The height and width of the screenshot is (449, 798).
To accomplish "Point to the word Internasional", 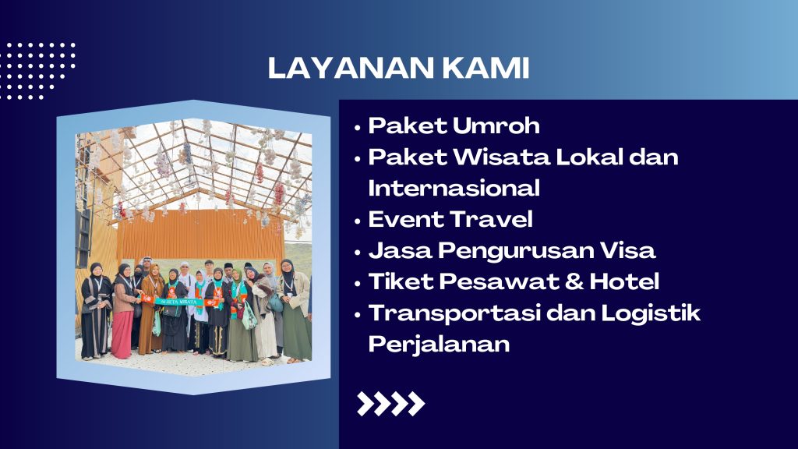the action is click(x=454, y=188).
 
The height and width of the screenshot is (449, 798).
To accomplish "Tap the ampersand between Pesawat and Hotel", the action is click(x=574, y=281).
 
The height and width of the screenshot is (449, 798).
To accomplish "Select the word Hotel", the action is click(x=624, y=281).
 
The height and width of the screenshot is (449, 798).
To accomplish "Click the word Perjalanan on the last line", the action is click(x=440, y=345).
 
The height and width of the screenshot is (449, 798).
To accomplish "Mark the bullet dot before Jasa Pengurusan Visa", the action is click(x=357, y=253).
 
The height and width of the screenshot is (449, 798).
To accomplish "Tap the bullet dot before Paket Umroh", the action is click(x=357, y=128).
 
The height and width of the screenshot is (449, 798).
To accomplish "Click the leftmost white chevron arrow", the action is click(x=365, y=404).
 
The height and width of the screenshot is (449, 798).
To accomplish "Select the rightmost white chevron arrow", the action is click(x=416, y=404).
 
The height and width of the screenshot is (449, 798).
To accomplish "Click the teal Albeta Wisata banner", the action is click(x=178, y=302).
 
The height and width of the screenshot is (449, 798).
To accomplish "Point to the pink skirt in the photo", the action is click(x=122, y=334).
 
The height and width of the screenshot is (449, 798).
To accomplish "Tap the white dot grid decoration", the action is click(x=37, y=71).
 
